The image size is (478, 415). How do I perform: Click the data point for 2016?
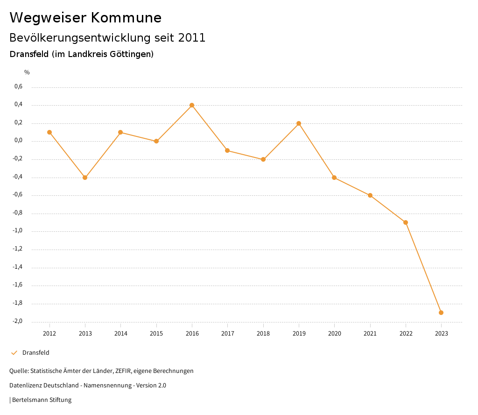pyautogui.click(x=192, y=105)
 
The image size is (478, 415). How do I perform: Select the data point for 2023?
pyautogui.click(x=441, y=313)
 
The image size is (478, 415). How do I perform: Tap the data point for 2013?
pyautogui.click(x=85, y=178)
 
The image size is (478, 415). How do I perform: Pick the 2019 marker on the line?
pyautogui.click(x=299, y=123)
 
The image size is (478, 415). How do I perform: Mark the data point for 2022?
pyautogui.click(x=406, y=222)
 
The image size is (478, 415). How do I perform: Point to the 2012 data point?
pyautogui.click(x=49, y=132)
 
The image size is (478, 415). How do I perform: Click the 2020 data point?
pyautogui.click(x=334, y=178)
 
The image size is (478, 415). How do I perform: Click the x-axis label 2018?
pyautogui.click(x=263, y=334)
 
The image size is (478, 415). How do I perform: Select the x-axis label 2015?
pyautogui.click(x=156, y=334)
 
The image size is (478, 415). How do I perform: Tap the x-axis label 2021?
pyautogui.click(x=370, y=334)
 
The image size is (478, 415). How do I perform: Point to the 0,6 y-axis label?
pyautogui.click(x=18, y=86)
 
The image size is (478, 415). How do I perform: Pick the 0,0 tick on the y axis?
pyautogui.click(x=18, y=141)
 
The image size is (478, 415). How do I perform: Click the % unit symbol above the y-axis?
pyautogui.click(x=27, y=72)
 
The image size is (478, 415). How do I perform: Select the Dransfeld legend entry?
pyautogui.click(x=35, y=353)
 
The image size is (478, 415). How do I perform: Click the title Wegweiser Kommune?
pyautogui.click(x=85, y=18)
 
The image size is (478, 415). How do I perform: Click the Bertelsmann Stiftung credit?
pyautogui.click(x=41, y=400)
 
